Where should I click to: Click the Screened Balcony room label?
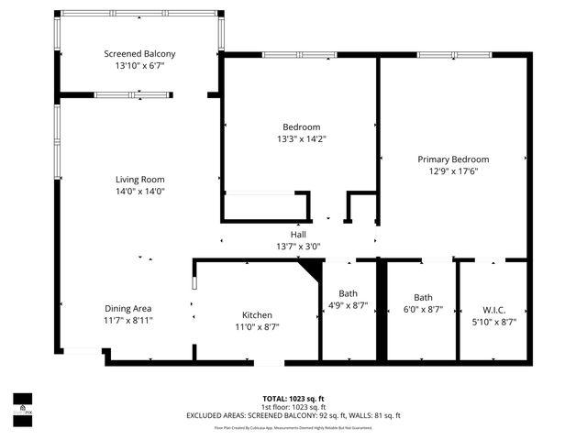point(139,54)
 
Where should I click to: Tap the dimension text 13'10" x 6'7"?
point(139,66)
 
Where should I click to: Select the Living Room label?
point(139,180)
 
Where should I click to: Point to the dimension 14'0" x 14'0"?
point(139,192)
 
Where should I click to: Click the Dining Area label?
point(127,309)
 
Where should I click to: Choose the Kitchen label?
point(257,314)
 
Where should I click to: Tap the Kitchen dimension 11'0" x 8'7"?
point(257,326)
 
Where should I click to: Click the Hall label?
point(298,235)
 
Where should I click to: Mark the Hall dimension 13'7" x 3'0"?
point(298,246)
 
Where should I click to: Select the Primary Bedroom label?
point(453,159)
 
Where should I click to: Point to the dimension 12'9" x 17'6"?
point(453,170)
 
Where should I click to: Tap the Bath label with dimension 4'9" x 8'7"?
point(348,293)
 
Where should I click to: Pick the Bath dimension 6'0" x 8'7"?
point(423,310)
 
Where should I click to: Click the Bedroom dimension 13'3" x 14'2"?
point(301,138)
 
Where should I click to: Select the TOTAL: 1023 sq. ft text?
point(293,399)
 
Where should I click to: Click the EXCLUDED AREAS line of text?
point(293,415)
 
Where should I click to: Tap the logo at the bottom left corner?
point(22,404)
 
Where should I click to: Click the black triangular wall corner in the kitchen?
point(312,268)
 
